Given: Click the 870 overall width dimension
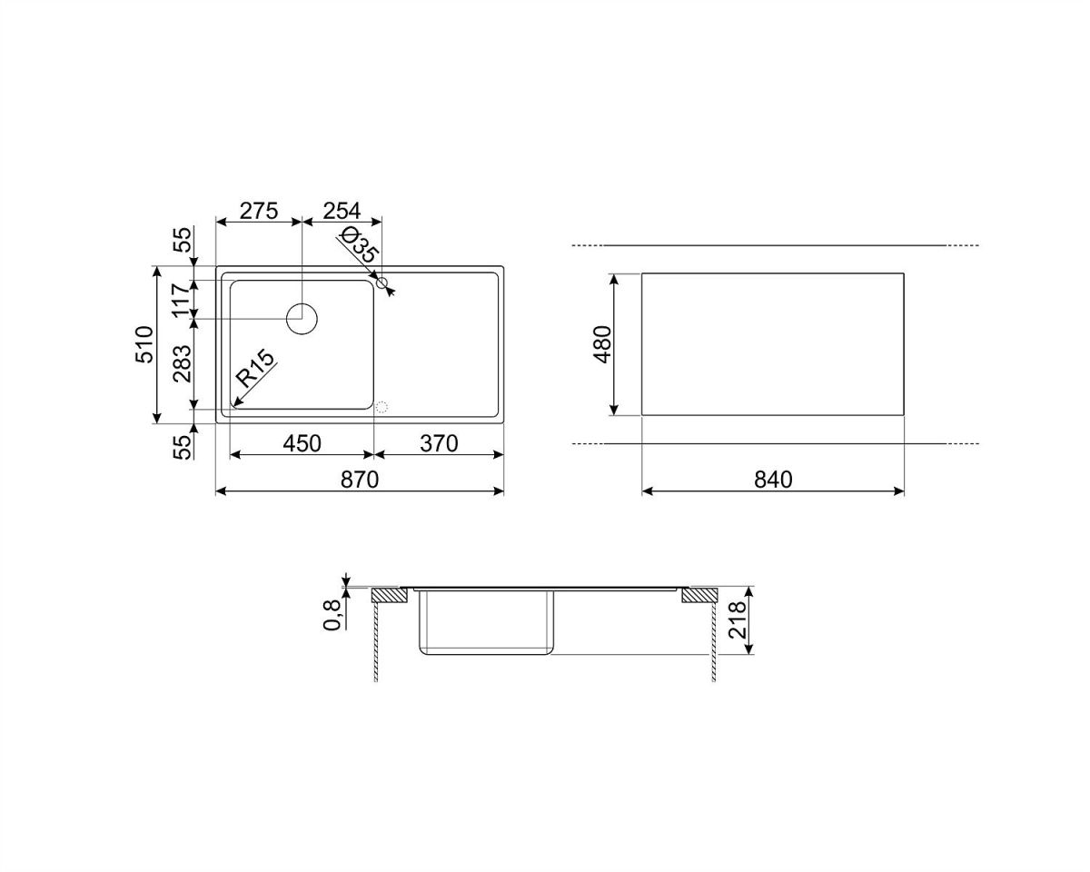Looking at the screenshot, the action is (x=360, y=480).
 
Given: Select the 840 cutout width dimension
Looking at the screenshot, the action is (x=773, y=480).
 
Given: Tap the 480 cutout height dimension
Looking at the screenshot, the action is (x=603, y=344).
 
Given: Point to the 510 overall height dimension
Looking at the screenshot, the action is (x=144, y=344).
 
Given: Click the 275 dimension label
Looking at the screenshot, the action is (x=259, y=211).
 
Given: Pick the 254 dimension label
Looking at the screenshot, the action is (x=342, y=211).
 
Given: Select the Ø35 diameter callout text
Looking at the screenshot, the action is (x=359, y=245).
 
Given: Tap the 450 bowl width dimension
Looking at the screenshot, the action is (x=302, y=444).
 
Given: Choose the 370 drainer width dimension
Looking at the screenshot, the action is (x=439, y=444).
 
